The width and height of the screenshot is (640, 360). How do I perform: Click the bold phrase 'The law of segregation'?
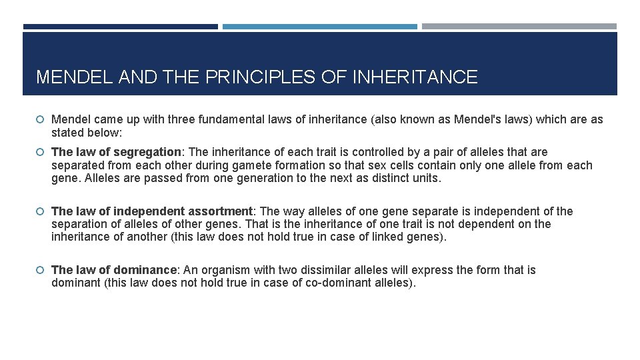coord(116,153)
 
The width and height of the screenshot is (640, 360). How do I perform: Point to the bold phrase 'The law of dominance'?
coord(113,270)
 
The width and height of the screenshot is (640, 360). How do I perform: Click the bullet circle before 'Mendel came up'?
coord(41,120)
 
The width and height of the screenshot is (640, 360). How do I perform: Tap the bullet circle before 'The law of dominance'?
coord(41,270)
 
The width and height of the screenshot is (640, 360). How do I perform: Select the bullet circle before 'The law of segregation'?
coord(41,153)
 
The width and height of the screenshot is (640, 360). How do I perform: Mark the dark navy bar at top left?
coord(121,27)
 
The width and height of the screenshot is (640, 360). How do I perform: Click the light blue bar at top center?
coord(320,27)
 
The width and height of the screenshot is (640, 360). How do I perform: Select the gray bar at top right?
coord(519,27)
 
